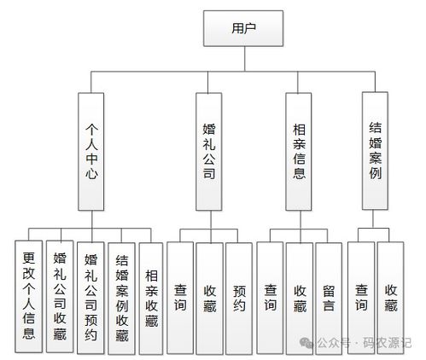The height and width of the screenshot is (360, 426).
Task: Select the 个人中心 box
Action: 94,150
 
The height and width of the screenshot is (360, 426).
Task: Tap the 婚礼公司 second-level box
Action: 208,150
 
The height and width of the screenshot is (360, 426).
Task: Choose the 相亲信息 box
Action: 298,150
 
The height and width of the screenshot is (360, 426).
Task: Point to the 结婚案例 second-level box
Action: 374,150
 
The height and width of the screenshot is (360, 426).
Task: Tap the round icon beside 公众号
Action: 305,343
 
